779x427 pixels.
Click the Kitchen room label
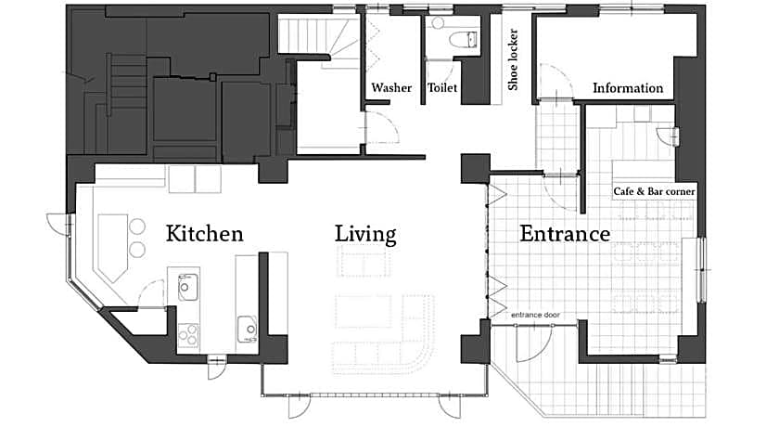click(204, 234)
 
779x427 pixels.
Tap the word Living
click(365, 234)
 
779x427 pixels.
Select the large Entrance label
click(565, 234)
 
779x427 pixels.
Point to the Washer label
click(391, 88)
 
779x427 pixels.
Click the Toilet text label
click(442, 88)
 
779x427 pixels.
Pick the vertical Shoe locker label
click(513, 59)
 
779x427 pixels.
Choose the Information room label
click(628, 88)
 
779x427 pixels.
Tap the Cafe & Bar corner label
click(654, 191)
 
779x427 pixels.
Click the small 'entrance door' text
click(536, 315)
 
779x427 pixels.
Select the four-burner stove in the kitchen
click(187, 334)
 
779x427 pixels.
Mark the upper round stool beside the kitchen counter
click(137, 226)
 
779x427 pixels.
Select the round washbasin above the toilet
click(438, 23)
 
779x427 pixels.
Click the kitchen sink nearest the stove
click(187, 287)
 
